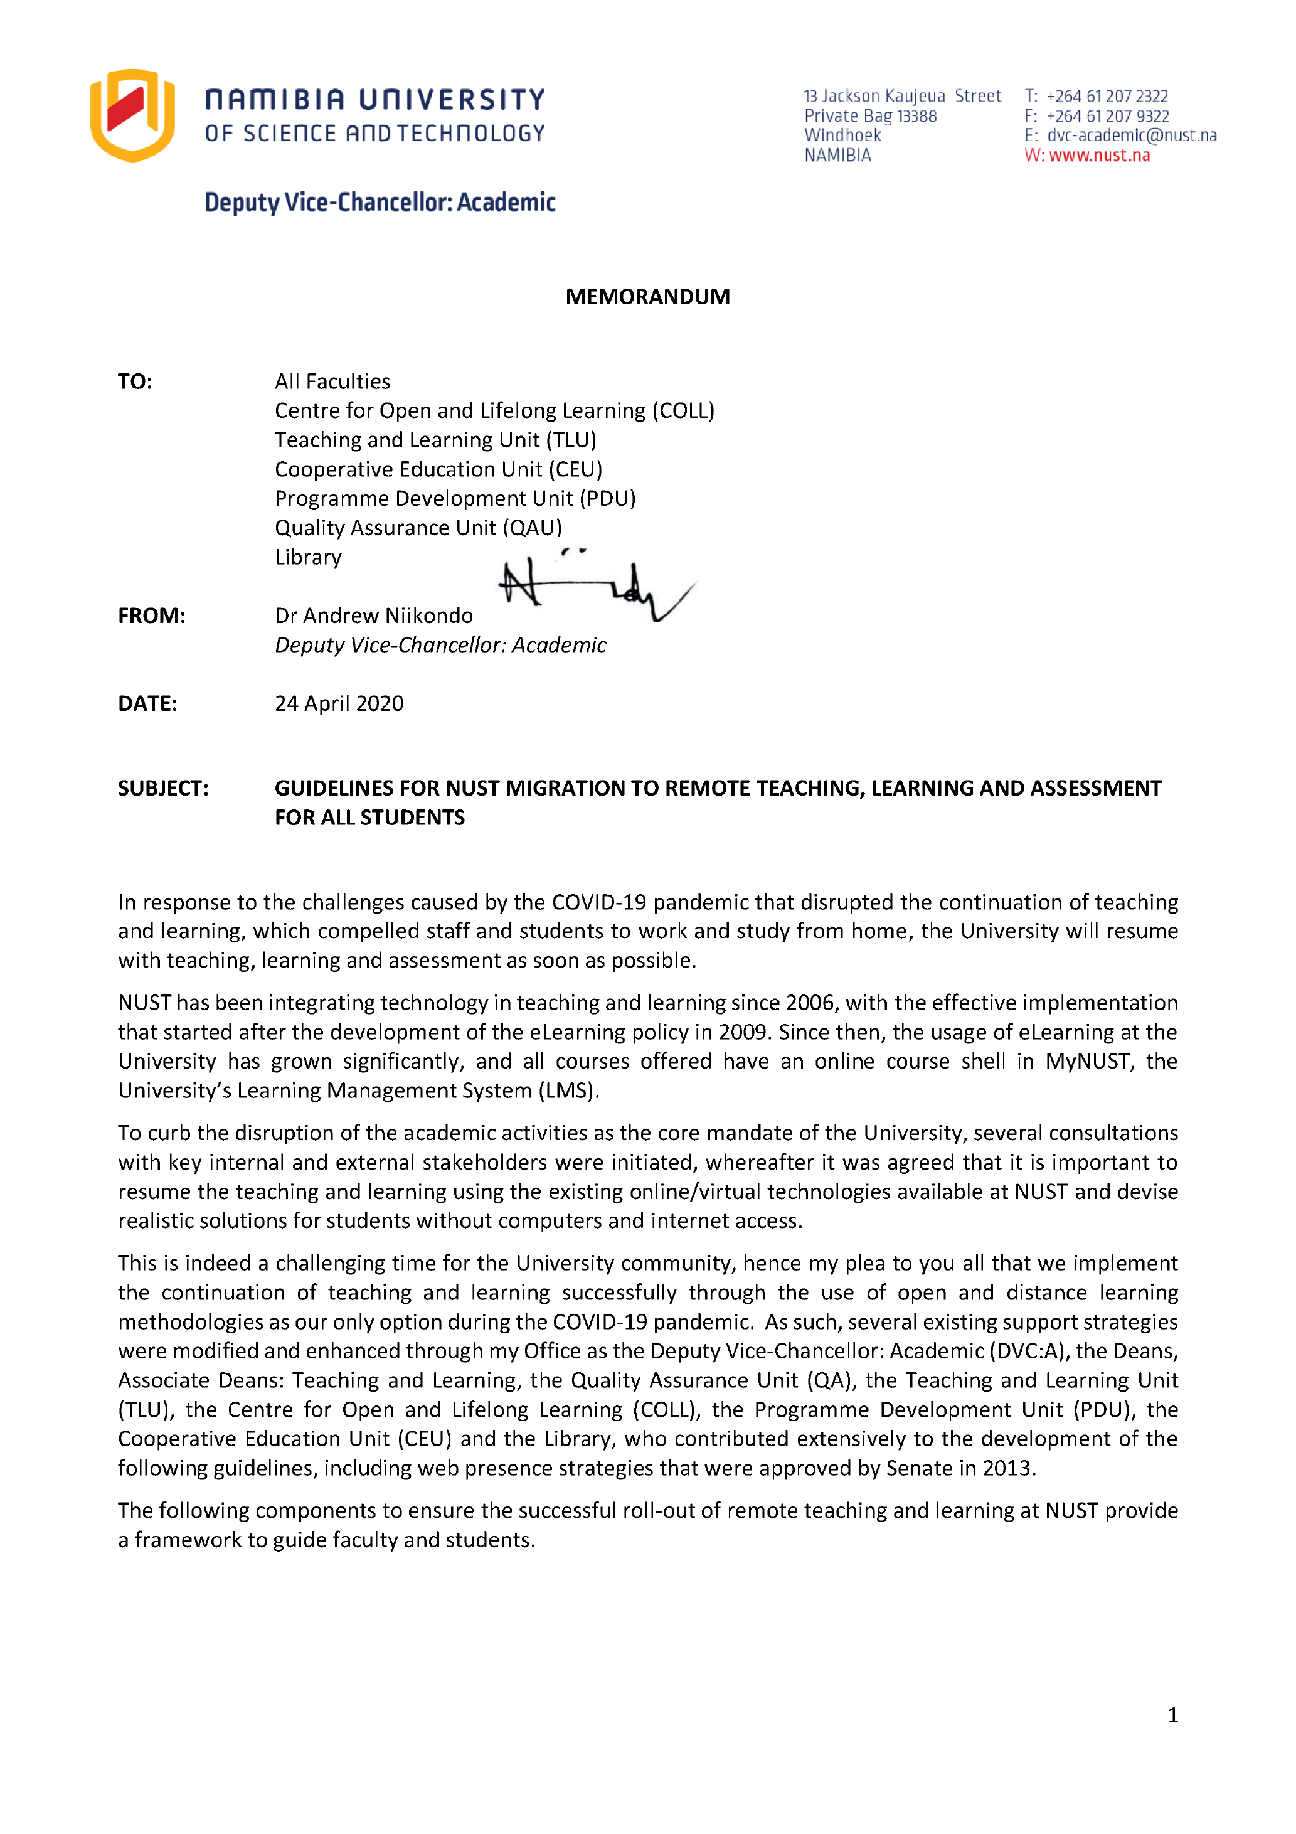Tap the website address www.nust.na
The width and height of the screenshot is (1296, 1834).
pos(1099,156)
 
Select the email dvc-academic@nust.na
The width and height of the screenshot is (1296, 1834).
pos(1132,136)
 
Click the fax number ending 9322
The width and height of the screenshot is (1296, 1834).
pos(1108,117)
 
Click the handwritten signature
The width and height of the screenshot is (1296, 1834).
pos(595,587)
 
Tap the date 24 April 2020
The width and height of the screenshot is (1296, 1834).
pos(339,704)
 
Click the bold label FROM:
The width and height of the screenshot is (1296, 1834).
pos(151,616)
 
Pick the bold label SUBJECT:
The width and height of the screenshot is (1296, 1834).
pos(163,789)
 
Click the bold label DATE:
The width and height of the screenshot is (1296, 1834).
pos(147,704)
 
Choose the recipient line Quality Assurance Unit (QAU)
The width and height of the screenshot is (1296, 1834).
pos(418,528)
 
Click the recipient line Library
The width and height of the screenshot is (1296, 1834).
pos(307,558)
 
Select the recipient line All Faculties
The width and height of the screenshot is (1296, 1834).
pos(332,382)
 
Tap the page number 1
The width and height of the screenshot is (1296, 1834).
pos(1172,1715)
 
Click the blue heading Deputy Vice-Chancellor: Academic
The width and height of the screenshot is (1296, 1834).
pos(380,203)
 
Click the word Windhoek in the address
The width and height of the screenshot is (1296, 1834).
pos(842,136)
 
